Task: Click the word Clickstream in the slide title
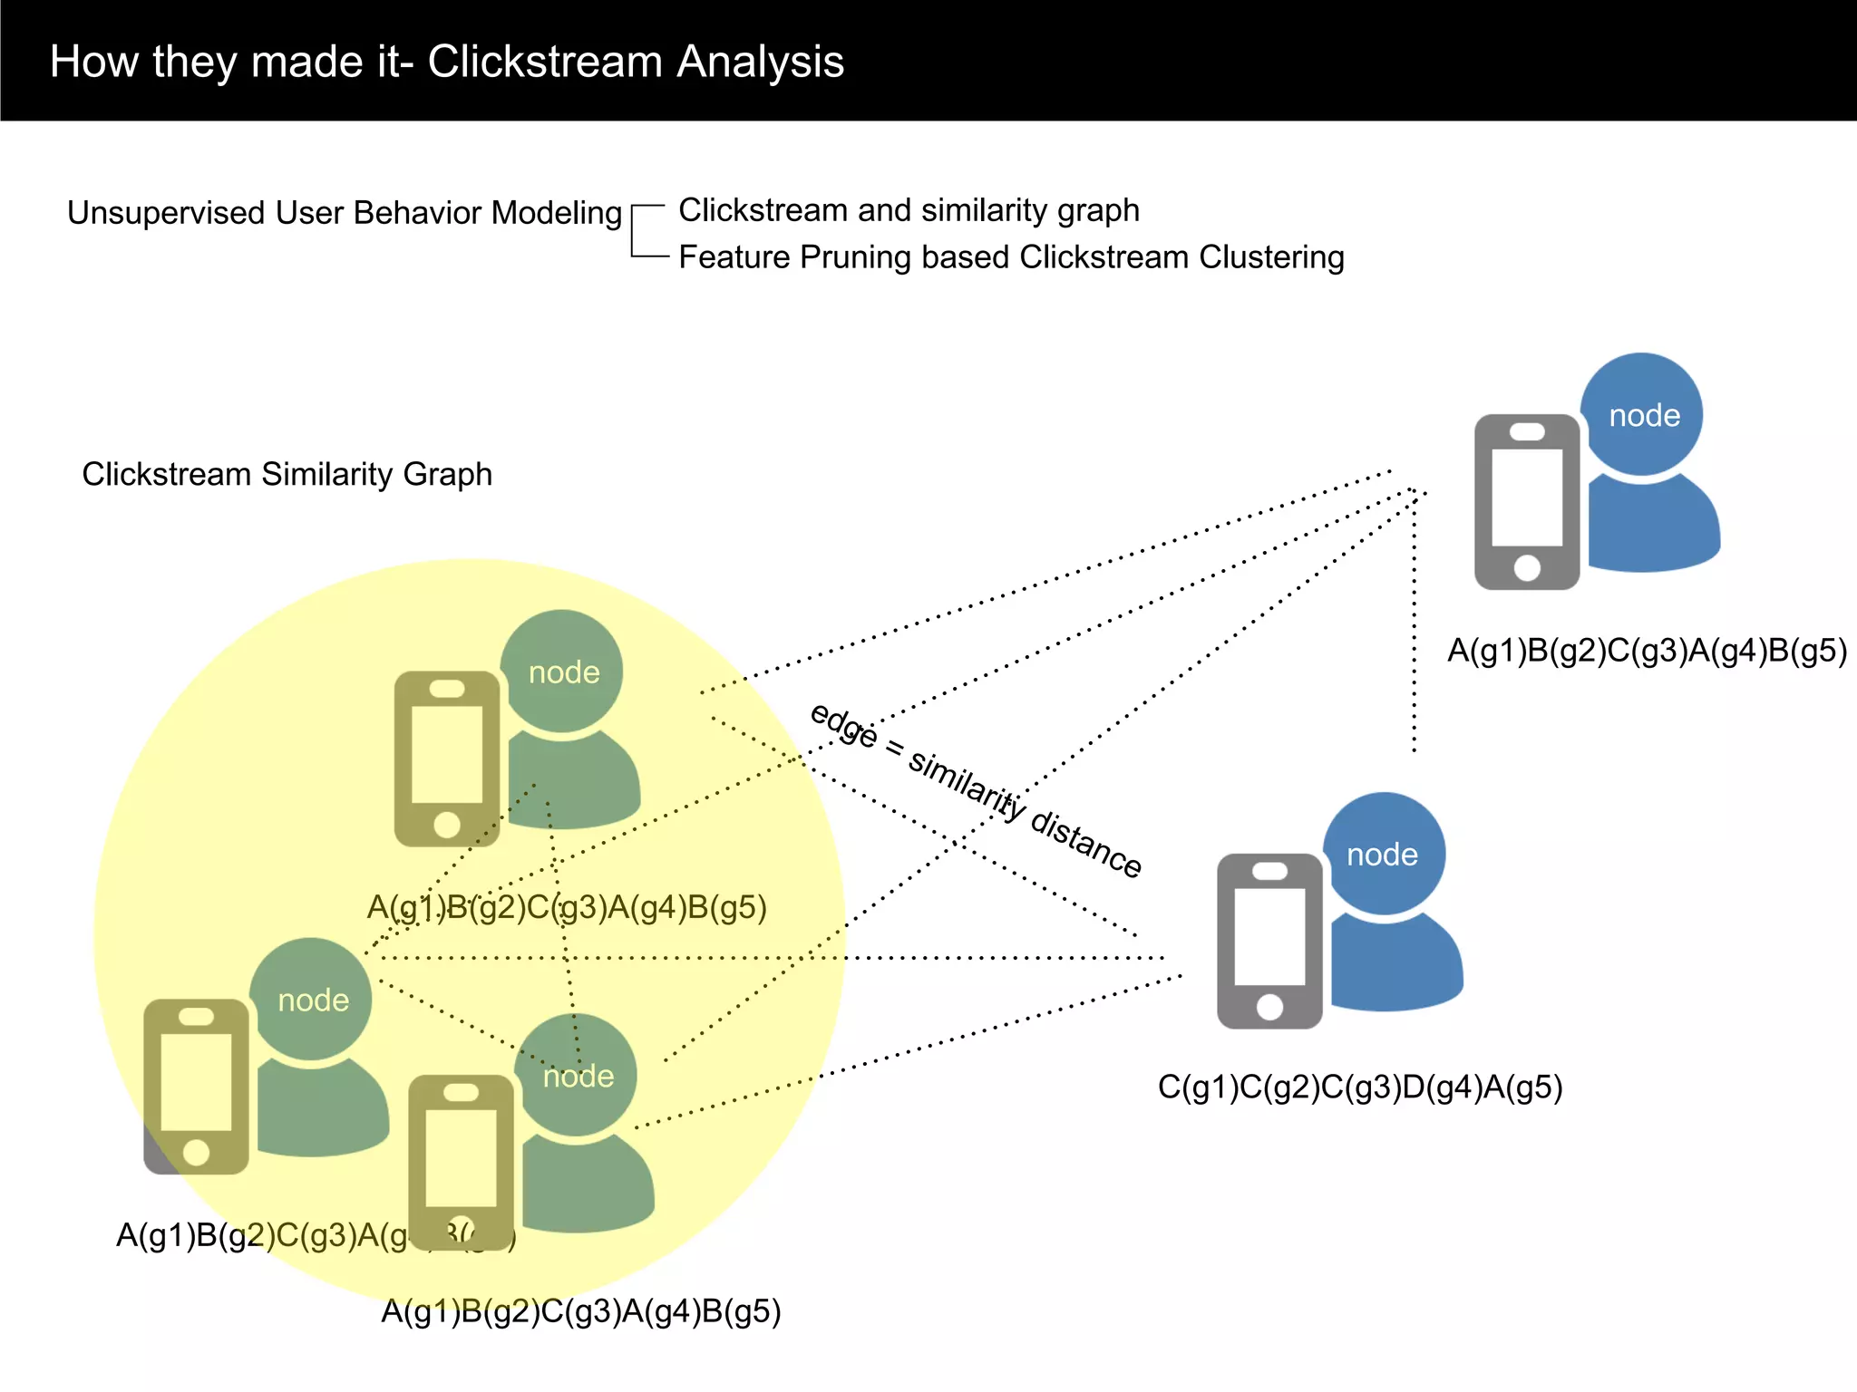545,62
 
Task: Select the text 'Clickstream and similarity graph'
909,210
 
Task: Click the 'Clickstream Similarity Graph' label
287,474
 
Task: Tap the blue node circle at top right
1641,414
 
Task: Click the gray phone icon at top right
1527,501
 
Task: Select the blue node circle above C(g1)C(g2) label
1384,854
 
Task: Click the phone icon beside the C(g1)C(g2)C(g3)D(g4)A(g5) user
1269,941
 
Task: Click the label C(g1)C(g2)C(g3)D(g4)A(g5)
1360,1087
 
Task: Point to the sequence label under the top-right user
1646,651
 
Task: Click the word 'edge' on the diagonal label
844,726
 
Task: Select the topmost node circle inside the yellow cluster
562,671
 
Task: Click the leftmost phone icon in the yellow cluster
196,1086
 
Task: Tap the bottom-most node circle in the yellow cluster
577,1075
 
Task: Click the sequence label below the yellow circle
580,1311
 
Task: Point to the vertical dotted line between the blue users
1414,625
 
